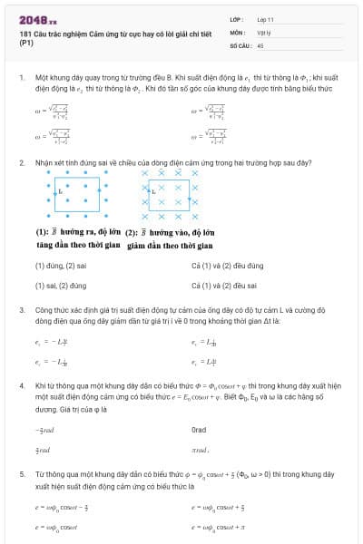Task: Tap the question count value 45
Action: [x=261, y=44]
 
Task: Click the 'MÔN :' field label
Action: [x=238, y=32]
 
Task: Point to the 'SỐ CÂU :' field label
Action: [x=240, y=44]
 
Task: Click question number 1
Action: [x=21, y=80]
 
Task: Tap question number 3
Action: [x=21, y=309]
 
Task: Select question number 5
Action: [x=21, y=473]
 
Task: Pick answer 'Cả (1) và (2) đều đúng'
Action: [x=227, y=266]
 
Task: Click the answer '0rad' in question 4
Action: [x=199, y=430]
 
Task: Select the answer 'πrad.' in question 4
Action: [x=201, y=449]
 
